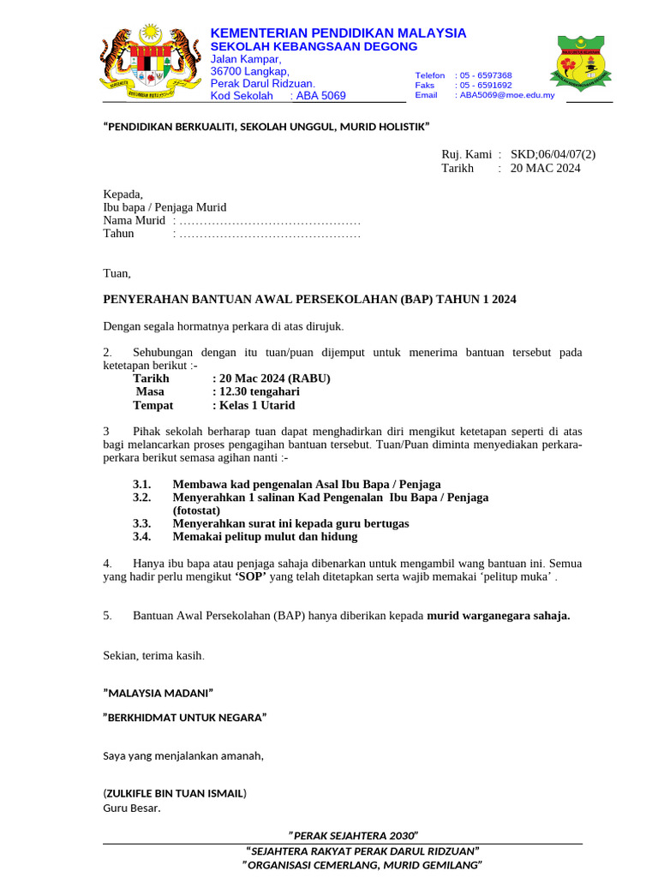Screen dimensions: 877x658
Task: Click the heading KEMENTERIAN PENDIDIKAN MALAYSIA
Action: (x=338, y=33)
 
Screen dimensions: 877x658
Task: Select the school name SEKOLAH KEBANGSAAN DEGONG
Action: (x=314, y=46)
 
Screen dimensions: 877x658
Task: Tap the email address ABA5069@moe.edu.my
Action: (x=506, y=95)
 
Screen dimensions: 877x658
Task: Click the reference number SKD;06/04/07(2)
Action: (x=553, y=154)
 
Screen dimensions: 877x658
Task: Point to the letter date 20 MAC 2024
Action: (x=545, y=168)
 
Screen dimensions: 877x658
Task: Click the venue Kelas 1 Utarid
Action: (x=257, y=405)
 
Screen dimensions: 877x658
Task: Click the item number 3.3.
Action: (x=141, y=523)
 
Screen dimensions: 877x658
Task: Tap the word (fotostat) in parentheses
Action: (x=196, y=510)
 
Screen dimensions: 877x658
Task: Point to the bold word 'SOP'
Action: (x=251, y=577)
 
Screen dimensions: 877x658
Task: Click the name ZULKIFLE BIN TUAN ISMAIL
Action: (x=175, y=793)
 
